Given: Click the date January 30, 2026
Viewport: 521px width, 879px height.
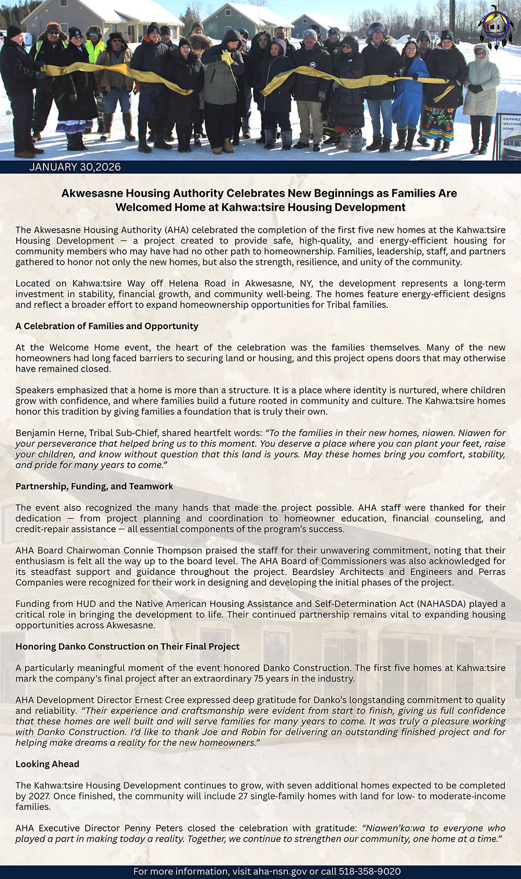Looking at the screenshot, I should pyautogui.click(x=75, y=167).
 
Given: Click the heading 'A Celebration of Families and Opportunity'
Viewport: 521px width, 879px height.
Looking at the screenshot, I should pyautogui.click(x=107, y=326).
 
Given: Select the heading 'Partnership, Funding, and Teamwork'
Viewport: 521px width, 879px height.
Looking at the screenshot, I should pyautogui.click(x=94, y=486).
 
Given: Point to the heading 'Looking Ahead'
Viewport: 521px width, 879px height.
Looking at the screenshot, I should pyautogui.click(x=47, y=764).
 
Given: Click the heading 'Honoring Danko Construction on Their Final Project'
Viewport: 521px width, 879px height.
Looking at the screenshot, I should pyautogui.click(x=127, y=646).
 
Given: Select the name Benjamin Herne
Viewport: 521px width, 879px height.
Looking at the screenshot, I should pyautogui.click(x=46, y=433).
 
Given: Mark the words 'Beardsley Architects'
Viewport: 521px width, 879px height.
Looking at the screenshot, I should pyautogui.click(x=329, y=572).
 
